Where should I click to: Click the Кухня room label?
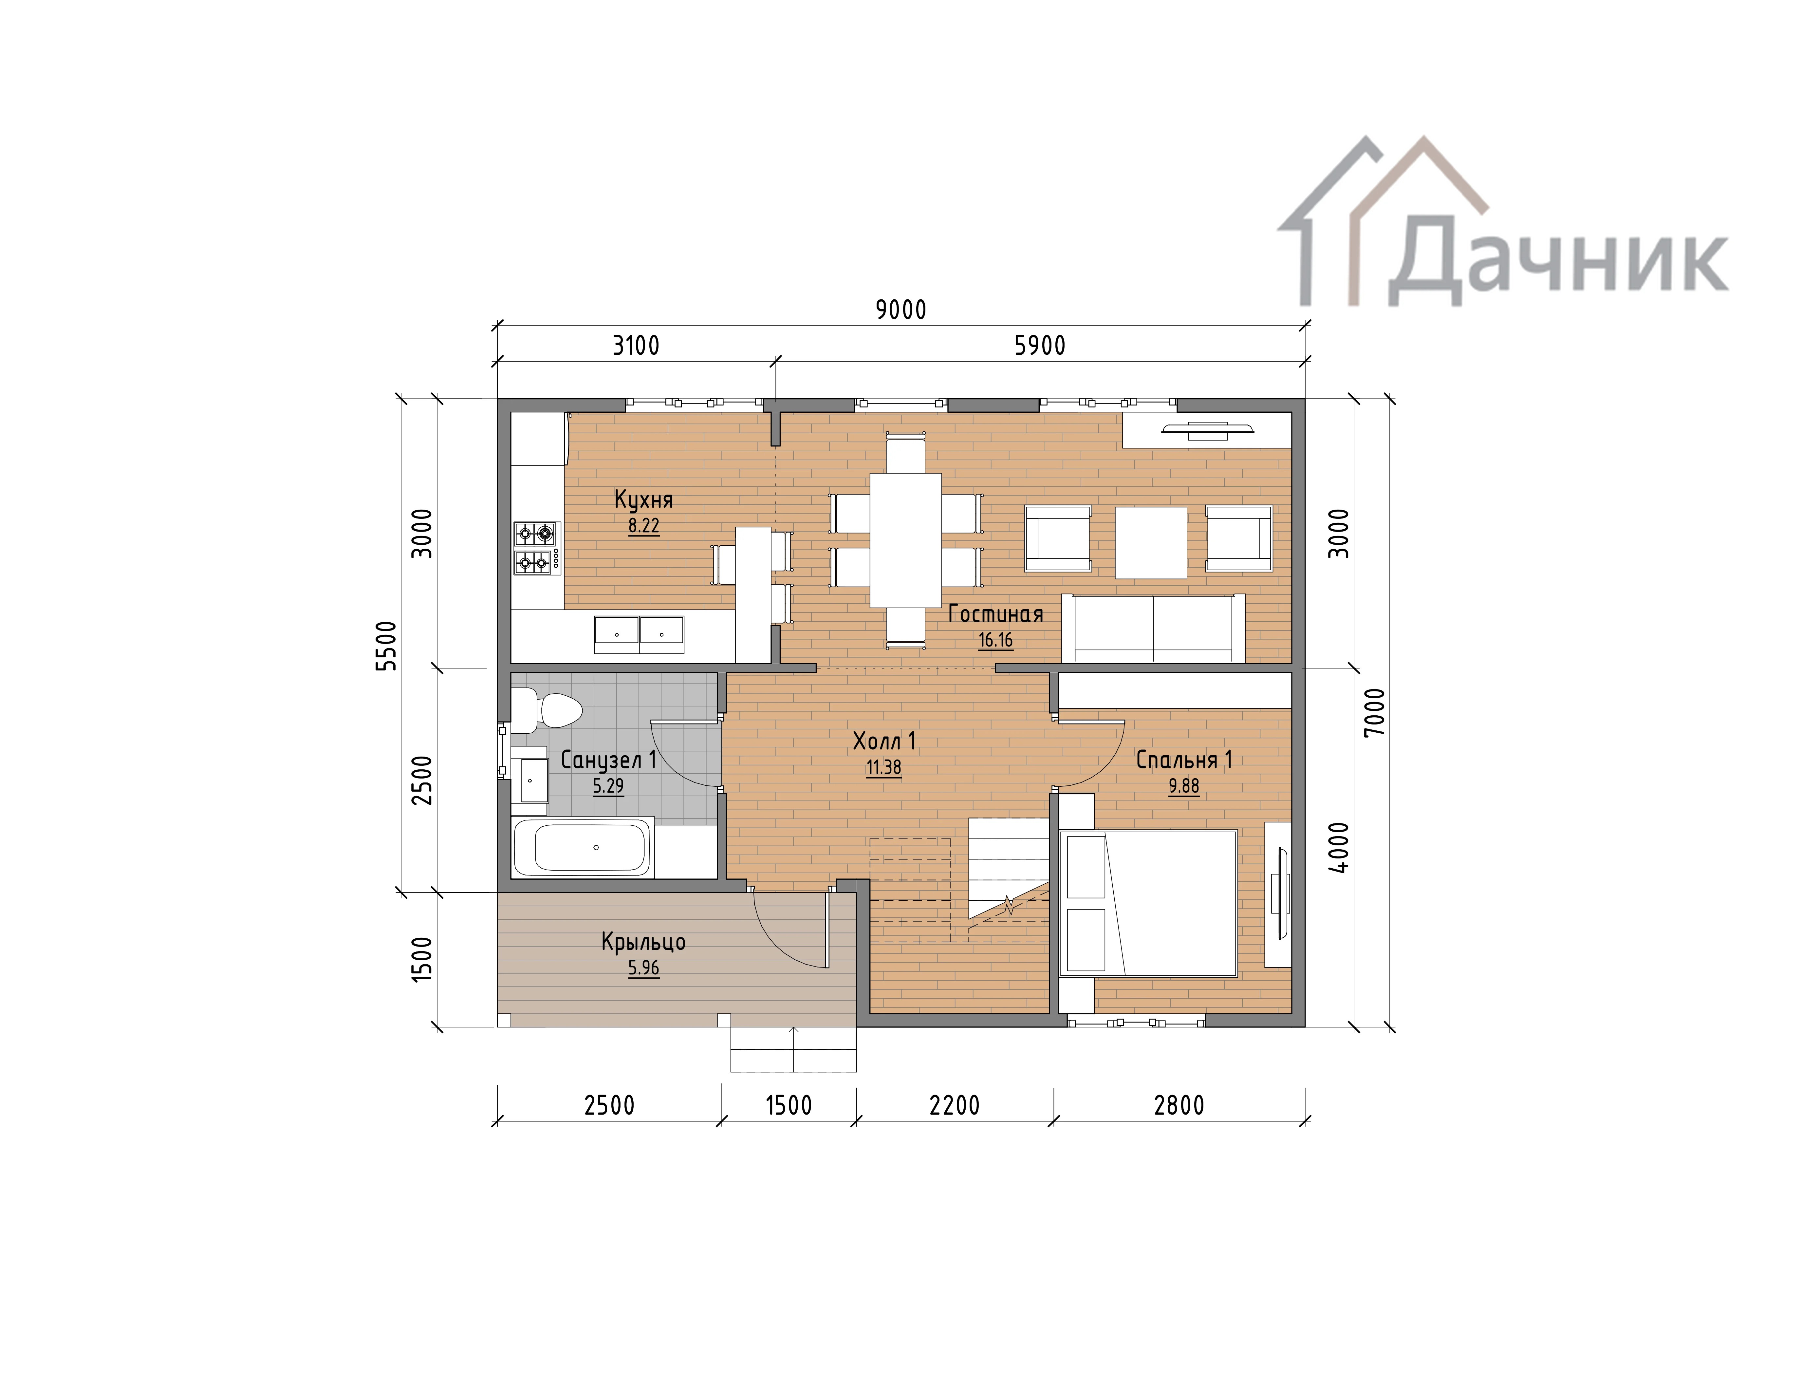point(643,500)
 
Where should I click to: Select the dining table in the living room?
point(905,540)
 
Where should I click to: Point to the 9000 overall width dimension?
point(900,310)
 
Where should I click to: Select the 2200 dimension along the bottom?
point(954,1105)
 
